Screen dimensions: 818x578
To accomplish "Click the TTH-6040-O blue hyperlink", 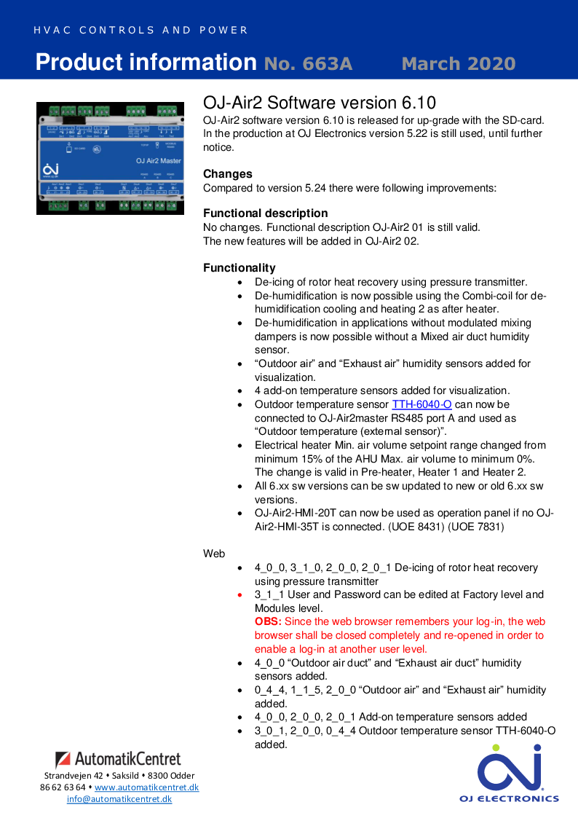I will click(x=421, y=404).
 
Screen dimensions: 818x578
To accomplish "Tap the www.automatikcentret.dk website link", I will click(x=146, y=787).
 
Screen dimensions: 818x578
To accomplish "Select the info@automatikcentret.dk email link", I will click(x=119, y=799).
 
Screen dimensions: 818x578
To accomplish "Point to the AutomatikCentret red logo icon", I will click(x=63, y=760).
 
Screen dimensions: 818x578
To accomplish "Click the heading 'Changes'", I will click(x=228, y=174).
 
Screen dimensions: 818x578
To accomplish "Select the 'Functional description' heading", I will click(x=265, y=213).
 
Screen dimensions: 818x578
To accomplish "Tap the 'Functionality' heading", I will click(x=239, y=268).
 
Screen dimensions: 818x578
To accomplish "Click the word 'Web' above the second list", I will click(x=214, y=554).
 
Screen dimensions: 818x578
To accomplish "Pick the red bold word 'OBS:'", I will click(x=268, y=622).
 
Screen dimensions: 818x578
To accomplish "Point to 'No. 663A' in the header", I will click(x=308, y=64).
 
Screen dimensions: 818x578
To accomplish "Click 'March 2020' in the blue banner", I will click(x=459, y=64).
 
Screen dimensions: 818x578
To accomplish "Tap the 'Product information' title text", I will click(x=146, y=63).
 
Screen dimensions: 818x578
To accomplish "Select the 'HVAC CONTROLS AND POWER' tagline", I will click(x=140, y=31).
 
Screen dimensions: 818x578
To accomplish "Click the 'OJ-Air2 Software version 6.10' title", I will click(x=320, y=103).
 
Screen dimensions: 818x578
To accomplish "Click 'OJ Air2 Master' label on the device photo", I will click(x=159, y=160).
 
